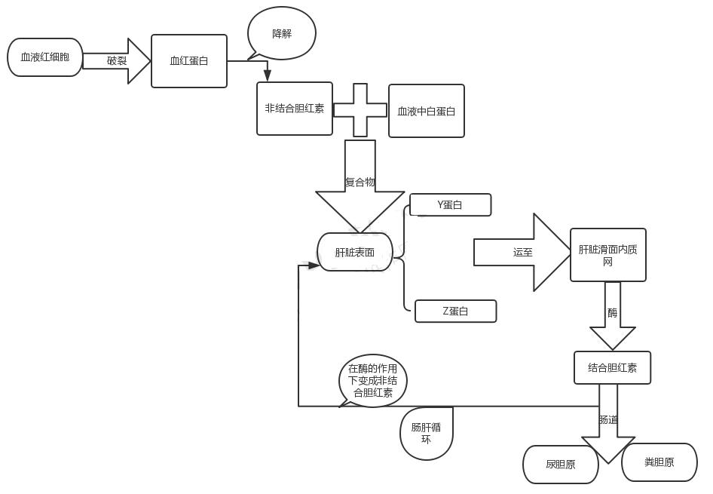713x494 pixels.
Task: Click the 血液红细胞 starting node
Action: [x=44, y=57]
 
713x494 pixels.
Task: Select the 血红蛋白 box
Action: [x=188, y=61]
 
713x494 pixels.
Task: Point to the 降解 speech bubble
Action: [x=282, y=33]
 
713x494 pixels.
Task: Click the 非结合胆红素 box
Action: [x=294, y=109]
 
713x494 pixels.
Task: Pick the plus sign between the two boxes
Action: [x=360, y=110]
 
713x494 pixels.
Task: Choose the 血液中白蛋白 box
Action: [x=426, y=111]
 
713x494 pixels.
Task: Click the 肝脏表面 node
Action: [x=355, y=252]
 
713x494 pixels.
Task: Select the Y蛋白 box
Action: [x=450, y=205]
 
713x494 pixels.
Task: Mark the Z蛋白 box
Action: [x=455, y=311]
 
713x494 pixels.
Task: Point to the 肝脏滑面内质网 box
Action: [x=607, y=255]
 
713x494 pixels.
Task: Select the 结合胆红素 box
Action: [x=612, y=368]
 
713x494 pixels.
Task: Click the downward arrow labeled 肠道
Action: [x=608, y=422]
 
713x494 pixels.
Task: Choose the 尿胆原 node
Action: [x=560, y=465]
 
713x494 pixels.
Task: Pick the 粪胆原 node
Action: [x=659, y=462]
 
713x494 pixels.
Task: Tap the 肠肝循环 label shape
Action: [x=426, y=433]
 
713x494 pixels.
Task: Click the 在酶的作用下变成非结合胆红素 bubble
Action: [x=373, y=381]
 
